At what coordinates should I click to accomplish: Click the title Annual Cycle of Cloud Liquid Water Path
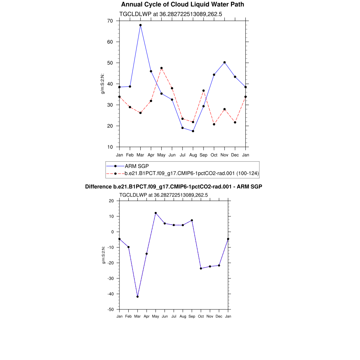(x=182, y=5)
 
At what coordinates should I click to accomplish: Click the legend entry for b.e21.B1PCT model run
(x=192, y=173)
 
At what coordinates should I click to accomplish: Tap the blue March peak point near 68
(x=140, y=25)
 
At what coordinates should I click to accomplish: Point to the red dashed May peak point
(x=161, y=68)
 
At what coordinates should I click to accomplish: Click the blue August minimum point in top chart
(x=193, y=131)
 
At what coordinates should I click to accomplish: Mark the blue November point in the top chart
(x=225, y=62)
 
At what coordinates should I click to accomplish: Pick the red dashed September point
(x=204, y=91)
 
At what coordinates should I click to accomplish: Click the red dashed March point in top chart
(x=140, y=113)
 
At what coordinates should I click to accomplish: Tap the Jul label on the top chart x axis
(x=182, y=155)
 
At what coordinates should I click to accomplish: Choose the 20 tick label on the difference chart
(x=111, y=201)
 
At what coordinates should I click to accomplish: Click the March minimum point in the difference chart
(x=137, y=297)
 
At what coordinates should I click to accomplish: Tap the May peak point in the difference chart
(x=156, y=213)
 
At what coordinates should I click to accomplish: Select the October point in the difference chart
(x=201, y=269)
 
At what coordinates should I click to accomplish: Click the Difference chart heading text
(x=174, y=187)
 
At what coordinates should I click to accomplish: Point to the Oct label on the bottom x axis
(x=201, y=316)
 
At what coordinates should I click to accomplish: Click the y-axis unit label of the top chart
(x=103, y=84)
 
